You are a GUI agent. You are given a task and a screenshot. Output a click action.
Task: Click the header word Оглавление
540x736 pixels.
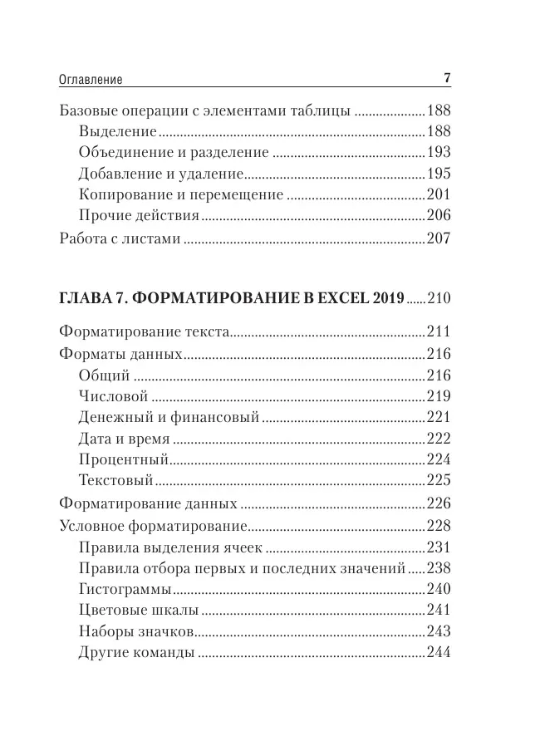tap(91, 81)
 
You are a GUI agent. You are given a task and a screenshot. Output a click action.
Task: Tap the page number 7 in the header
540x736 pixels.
tap(446, 80)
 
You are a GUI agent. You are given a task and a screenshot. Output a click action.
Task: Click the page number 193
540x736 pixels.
tap(438, 153)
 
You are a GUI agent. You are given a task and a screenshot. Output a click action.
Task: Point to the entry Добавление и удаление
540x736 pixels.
tap(161, 174)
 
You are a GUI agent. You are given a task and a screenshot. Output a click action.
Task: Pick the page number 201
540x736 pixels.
tap(438, 196)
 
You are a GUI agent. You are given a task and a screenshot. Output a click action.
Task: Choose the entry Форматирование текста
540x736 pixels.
tap(145, 331)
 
